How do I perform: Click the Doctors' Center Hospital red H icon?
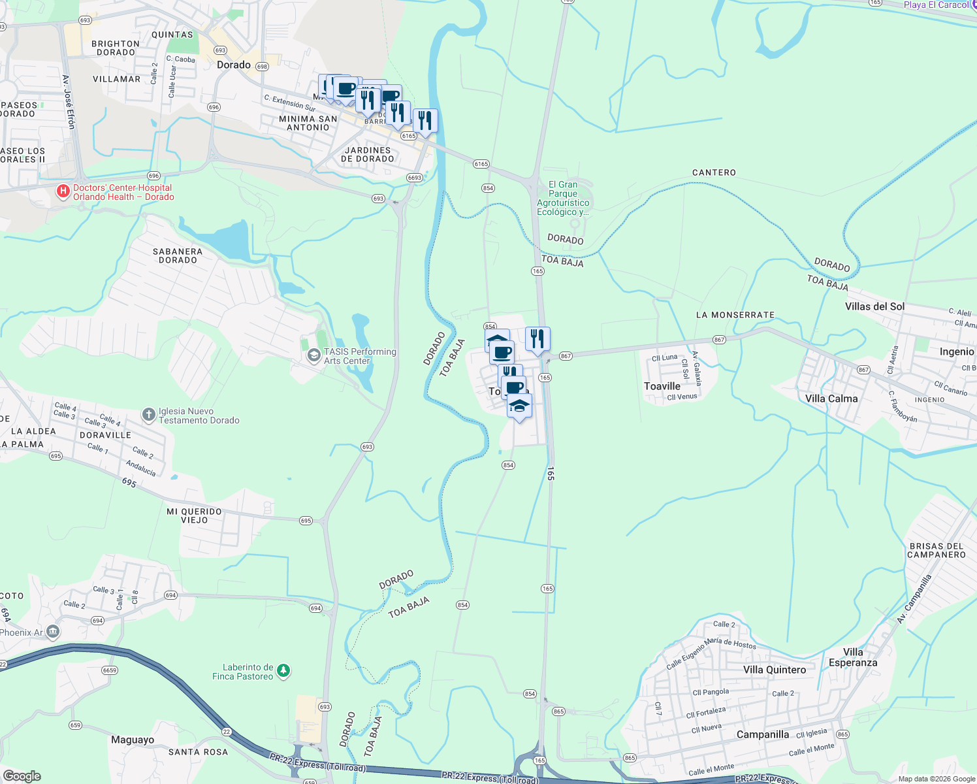(x=63, y=191)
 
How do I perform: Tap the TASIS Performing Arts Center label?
(x=360, y=356)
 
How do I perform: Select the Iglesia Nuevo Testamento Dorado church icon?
(x=149, y=415)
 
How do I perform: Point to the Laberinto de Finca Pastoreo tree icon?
(x=283, y=671)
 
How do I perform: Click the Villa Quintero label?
(x=775, y=670)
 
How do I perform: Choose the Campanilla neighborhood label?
(x=762, y=734)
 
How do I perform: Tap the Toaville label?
(x=662, y=386)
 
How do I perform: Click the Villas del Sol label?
(x=874, y=306)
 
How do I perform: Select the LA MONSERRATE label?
(x=735, y=315)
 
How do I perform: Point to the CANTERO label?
(x=714, y=172)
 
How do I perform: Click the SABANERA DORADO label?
(x=178, y=255)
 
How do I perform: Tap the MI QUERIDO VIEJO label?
(x=194, y=515)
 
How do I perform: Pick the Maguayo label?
(x=133, y=740)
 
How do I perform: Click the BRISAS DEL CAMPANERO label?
(x=936, y=550)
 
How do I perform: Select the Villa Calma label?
(x=831, y=399)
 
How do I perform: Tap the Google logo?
(x=22, y=776)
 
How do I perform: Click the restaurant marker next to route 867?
(x=537, y=339)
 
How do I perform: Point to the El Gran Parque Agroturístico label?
(x=563, y=198)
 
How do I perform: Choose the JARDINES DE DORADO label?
(x=368, y=154)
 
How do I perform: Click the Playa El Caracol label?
(x=936, y=5)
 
